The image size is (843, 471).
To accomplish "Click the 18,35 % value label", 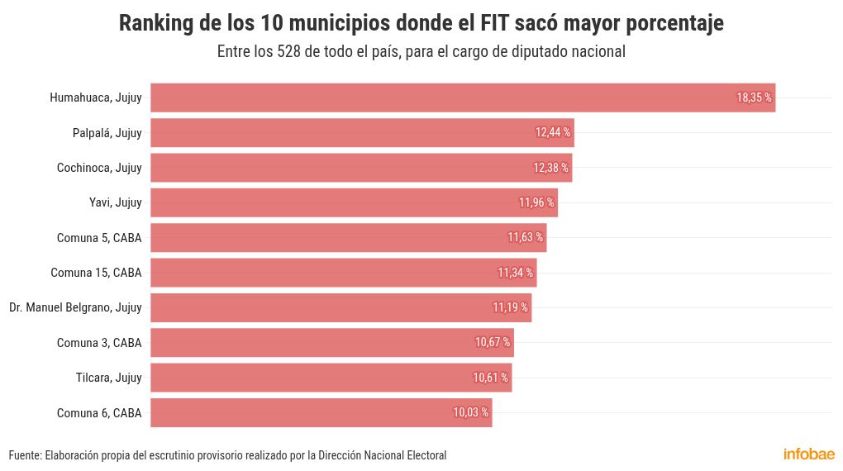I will pos(754,98).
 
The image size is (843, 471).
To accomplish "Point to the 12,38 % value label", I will pos(550,168).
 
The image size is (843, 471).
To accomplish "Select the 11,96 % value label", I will pos(536,202).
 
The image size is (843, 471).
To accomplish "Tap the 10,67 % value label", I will pos(493,342).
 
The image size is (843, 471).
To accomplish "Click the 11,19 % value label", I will pos(511,307).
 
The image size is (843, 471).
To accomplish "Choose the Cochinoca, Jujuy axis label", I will pos(99,168).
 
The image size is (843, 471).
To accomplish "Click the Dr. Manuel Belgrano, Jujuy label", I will pos(75,307).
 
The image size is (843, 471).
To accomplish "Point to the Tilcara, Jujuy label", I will pos(109,378).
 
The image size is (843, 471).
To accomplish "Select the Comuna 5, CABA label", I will pos(99,238).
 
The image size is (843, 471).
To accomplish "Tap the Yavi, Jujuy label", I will pos(116,202).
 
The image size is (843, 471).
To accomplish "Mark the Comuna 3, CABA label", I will pos(99,342).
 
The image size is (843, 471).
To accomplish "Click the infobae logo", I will pos(809,454).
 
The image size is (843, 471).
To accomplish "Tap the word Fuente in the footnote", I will pos(24,455).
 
